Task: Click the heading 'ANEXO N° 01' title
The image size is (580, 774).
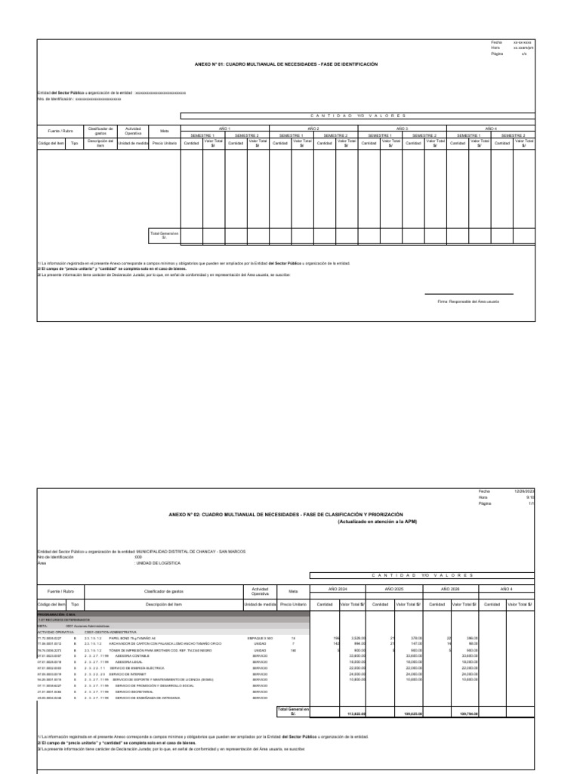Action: click(285, 65)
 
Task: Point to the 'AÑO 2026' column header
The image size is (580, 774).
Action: click(450, 588)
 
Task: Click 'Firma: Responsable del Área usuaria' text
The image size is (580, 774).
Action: click(468, 301)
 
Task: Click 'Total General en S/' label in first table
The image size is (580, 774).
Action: click(164, 235)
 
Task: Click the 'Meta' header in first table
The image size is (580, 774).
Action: click(164, 130)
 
